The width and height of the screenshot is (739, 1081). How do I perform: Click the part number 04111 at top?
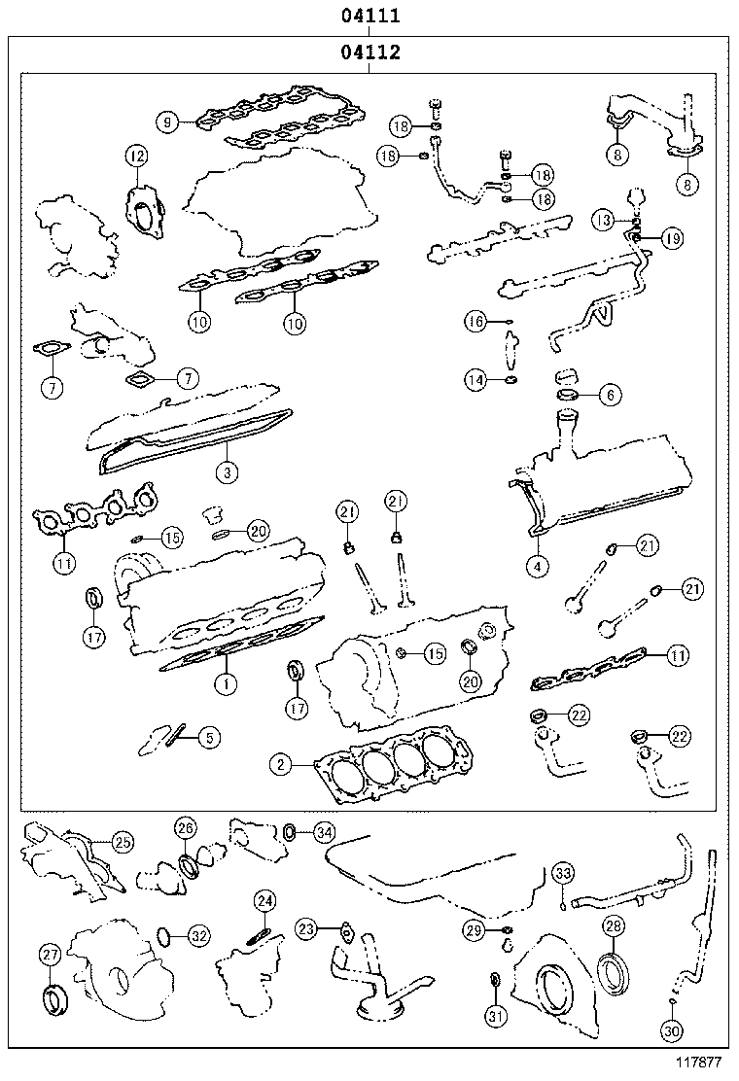(x=371, y=17)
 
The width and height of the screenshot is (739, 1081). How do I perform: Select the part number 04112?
(x=371, y=53)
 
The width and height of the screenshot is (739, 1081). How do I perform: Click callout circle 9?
(x=168, y=122)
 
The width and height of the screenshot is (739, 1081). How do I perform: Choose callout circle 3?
(x=225, y=472)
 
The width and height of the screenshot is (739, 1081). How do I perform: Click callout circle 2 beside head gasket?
(x=280, y=765)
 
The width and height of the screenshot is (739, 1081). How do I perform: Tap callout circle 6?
(x=609, y=395)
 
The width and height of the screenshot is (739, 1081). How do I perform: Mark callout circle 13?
(x=605, y=221)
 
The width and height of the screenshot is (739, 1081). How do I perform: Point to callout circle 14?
(x=475, y=381)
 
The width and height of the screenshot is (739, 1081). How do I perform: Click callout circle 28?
(x=614, y=926)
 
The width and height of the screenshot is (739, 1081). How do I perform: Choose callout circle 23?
(x=306, y=929)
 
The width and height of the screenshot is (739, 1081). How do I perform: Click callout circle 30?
(x=671, y=1030)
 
